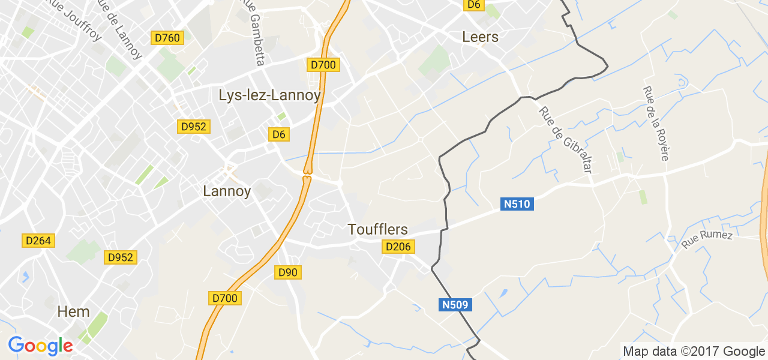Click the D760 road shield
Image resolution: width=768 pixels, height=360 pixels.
click(167, 38)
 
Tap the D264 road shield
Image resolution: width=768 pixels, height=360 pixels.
click(39, 241)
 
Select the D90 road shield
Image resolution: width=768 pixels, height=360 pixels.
click(288, 272)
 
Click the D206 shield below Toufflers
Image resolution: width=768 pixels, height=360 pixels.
click(399, 247)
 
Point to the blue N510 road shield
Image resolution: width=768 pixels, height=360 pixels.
click(517, 204)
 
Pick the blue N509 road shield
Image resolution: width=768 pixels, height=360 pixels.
click(455, 305)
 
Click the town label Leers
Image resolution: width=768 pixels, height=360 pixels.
click(480, 37)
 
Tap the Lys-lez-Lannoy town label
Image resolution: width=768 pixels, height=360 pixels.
click(269, 95)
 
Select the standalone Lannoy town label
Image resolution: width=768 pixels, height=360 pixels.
click(227, 191)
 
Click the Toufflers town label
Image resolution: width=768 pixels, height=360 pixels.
click(378, 229)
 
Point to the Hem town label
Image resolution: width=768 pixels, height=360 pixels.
click(73, 311)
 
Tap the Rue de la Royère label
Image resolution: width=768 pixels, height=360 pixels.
click(655, 123)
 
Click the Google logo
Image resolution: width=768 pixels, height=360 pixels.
click(40, 346)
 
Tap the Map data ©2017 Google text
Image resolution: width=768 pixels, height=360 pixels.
click(694, 352)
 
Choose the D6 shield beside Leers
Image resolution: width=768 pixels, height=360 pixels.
click(474, 4)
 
